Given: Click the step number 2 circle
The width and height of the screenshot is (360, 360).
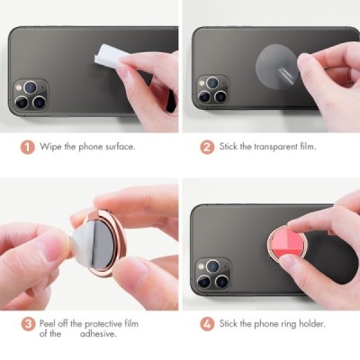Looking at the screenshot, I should click(206, 146).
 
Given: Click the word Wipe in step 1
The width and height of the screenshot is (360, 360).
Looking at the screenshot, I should click(49, 146).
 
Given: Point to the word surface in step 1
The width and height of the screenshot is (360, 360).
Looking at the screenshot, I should click(117, 146).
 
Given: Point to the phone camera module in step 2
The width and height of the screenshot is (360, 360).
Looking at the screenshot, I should click(212, 92).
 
